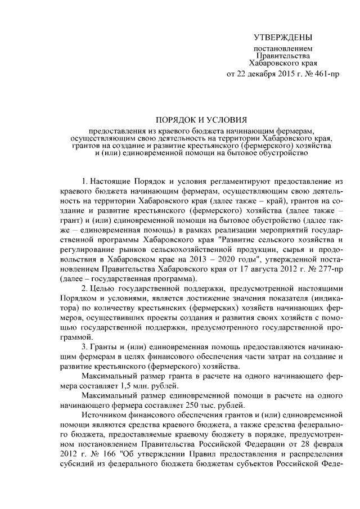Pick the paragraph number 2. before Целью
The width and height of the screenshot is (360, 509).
(x=85, y=287)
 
